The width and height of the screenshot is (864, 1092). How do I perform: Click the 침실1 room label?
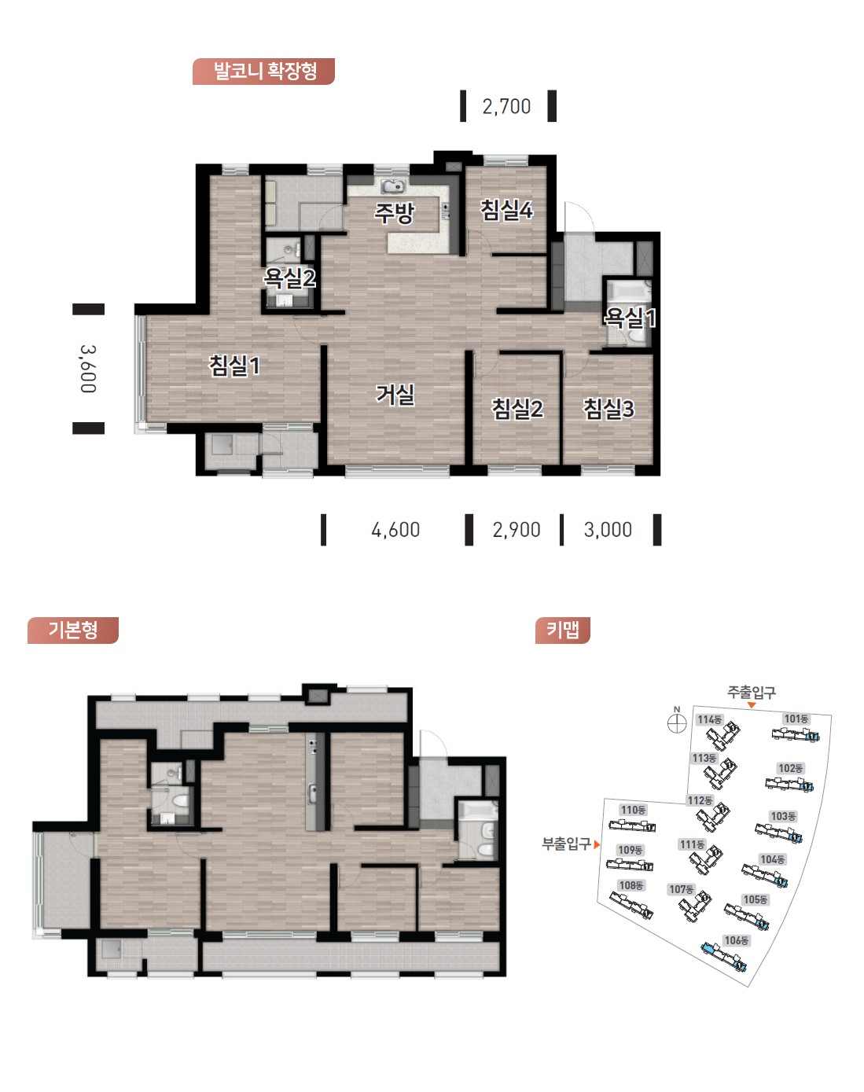(x=234, y=366)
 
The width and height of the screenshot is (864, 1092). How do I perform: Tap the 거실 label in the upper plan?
(x=395, y=395)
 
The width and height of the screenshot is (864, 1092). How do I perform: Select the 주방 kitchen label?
(x=395, y=213)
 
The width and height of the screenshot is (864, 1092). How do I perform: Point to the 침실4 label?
(x=506, y=210)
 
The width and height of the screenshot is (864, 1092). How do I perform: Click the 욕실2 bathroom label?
(x=289, y=278)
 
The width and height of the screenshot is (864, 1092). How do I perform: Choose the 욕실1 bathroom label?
(x=630, y=318)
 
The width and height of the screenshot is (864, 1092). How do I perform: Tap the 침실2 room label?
(x=517, y=409)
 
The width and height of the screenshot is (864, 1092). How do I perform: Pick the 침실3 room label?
(x=608, y=409)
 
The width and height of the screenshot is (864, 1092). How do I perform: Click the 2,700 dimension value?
(x=506, y=107)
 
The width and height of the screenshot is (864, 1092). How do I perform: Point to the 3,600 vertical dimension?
(x=88, y=369)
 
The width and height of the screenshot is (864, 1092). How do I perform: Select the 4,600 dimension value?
(x=395, y=530)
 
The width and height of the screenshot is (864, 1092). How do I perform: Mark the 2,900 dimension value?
(x=517, y=530)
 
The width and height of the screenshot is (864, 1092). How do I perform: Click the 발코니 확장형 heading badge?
(x=263, y=71)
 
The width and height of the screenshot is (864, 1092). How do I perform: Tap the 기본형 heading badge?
(x=72, y=631)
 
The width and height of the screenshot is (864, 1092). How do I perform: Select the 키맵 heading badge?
(x=562, y=631)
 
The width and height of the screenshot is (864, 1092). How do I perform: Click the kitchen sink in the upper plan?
(x=393, y=186)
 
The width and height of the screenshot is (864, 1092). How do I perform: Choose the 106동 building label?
(x=736, y=940)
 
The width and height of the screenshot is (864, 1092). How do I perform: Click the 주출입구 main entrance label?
(x=752, y=692)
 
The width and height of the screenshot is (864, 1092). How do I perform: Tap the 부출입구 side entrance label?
(x=566, y=844)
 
